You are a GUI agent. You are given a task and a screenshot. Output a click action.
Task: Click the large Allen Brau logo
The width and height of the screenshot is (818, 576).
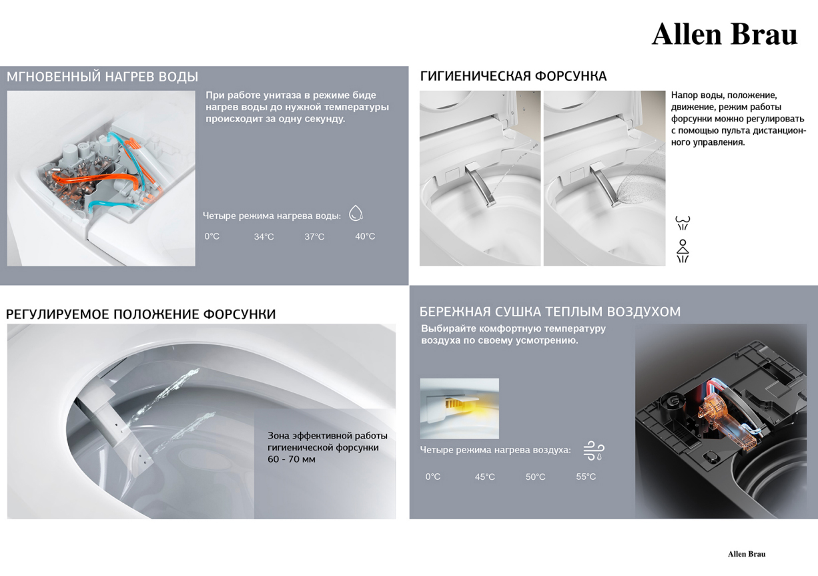725,35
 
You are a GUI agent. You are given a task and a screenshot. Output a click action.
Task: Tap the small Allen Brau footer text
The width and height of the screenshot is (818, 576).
747,554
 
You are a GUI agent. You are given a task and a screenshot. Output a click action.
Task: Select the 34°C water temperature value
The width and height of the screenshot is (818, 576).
264,237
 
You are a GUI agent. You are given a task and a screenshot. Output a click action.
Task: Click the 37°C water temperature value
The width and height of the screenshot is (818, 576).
314,237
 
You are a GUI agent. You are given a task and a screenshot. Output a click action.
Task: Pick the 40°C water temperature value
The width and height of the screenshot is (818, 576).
365,236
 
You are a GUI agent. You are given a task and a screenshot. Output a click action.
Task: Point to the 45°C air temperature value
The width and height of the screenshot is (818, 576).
485,477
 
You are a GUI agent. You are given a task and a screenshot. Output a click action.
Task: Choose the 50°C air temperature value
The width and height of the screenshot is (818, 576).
535,477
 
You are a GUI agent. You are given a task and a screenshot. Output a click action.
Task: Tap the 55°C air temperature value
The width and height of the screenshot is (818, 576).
586,477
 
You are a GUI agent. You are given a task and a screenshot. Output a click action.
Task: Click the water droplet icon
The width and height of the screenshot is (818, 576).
356,213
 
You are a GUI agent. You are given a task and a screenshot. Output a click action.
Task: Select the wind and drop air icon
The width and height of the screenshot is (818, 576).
594,451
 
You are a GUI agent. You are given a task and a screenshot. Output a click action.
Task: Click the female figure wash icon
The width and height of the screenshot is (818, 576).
683,251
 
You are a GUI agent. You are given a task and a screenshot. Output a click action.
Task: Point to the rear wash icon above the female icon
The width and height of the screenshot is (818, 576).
683,223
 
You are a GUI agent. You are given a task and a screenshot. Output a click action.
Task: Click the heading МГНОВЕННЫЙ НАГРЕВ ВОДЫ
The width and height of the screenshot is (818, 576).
102,77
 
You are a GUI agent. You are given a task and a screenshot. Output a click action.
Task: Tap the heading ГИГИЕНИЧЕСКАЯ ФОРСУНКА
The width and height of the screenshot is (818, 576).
513,76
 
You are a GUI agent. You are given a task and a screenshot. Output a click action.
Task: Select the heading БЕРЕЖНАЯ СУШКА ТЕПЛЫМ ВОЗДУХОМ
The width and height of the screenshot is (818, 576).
550,312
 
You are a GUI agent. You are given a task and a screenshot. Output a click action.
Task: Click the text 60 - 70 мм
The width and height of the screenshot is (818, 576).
292,459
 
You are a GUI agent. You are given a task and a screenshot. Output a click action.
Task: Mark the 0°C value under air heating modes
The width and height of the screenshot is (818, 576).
433,477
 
